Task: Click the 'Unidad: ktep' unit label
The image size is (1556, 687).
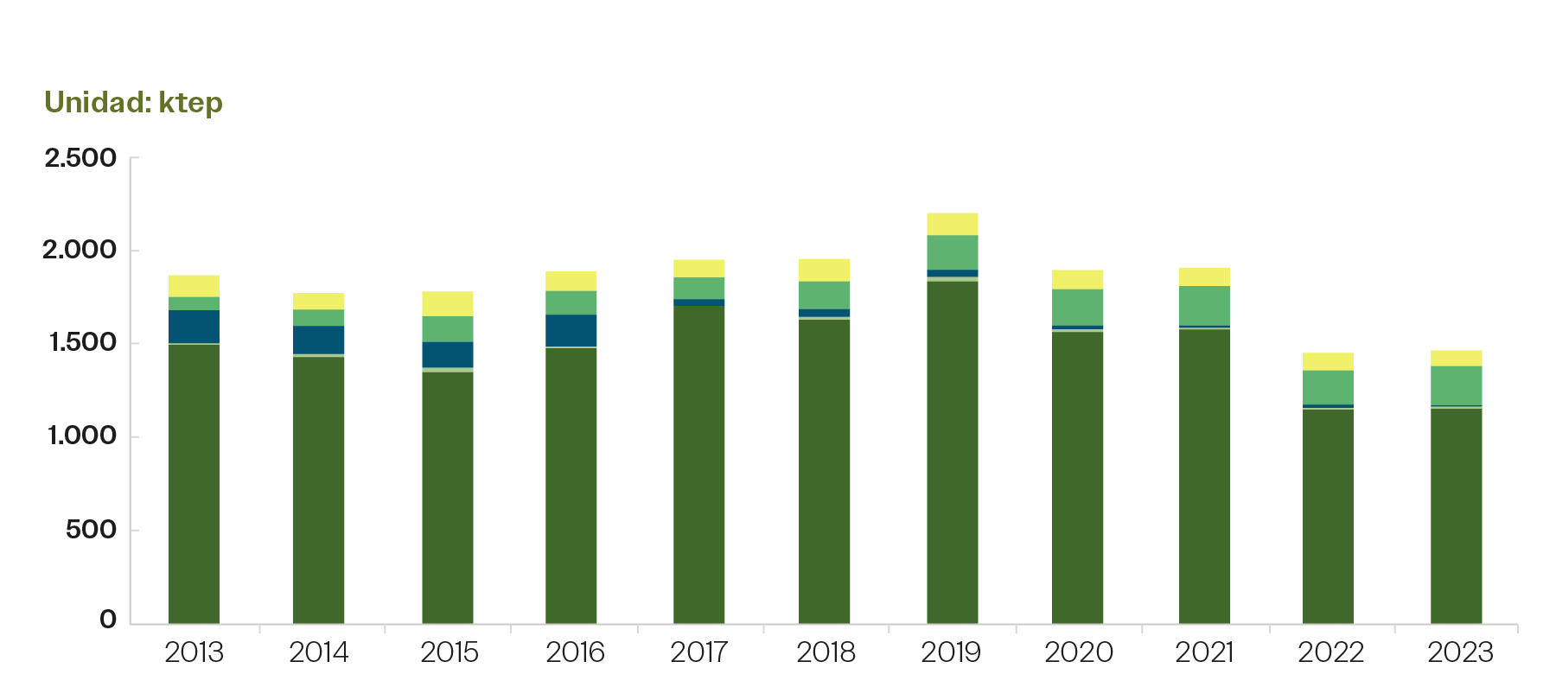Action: click(x=134, y=103)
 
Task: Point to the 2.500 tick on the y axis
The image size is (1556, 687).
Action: click(x=80, y=158)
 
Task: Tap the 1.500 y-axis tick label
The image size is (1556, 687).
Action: click(x=82, y=343)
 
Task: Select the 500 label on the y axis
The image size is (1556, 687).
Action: click(x=91, y=529)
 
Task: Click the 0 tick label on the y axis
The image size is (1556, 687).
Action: click(x=108, y=619)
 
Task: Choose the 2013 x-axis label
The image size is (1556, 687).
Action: click(x=194, y=652)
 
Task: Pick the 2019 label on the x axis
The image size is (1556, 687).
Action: click(x=951, y=652)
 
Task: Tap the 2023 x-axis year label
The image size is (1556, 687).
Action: click(x=1460, y=652)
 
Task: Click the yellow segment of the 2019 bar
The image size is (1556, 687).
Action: click(x=952, y=224)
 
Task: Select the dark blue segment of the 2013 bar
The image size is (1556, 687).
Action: click(x=194, y=327)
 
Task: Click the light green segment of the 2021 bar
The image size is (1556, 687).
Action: click(x=1204, y=305)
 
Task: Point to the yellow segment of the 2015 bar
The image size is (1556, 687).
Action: click(x=447, y=303)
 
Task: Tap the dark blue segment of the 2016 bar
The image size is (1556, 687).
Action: click(x=571, y=330)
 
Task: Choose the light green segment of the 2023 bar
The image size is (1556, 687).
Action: click(x=1456, y=385)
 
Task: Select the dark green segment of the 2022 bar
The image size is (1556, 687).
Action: click(x=1328, y=516)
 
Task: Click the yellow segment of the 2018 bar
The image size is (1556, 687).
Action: click(x=824, y=270)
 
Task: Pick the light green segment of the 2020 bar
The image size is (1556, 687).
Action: click(x=1077, y=307)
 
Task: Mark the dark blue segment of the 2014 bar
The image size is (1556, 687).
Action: click(x=318, y=340)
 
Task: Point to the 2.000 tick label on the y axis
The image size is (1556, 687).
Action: click(x=80, y=251)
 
